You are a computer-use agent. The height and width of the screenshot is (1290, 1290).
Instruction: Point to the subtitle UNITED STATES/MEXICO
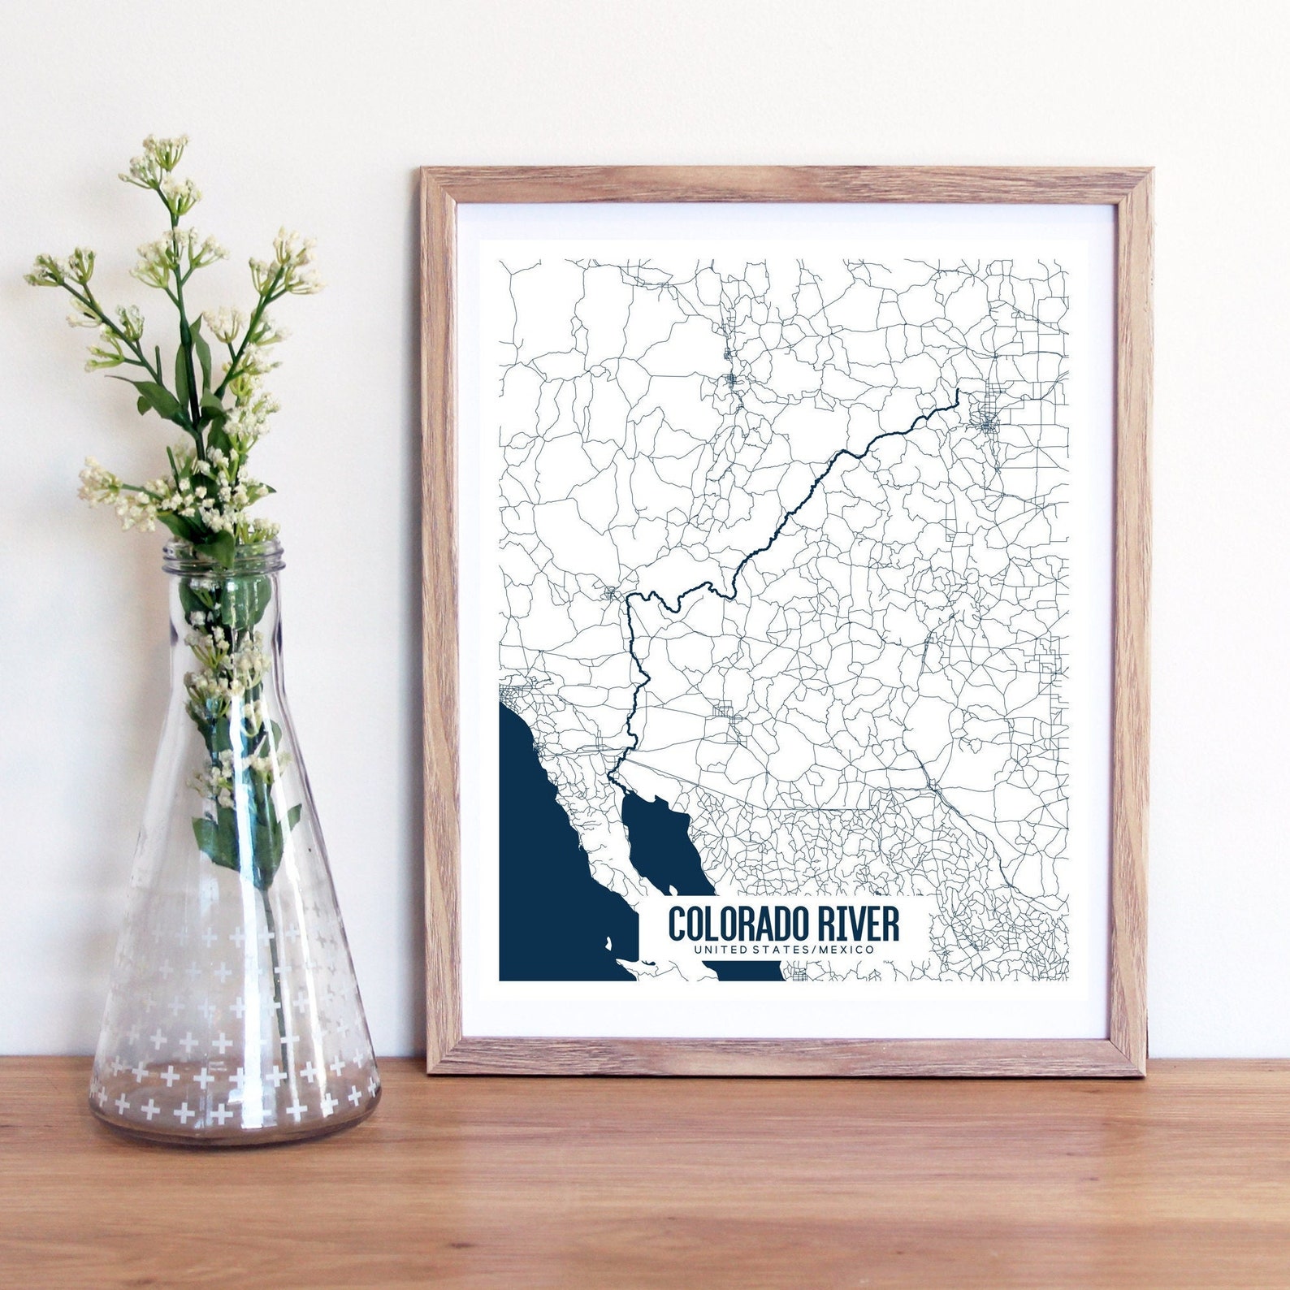click(784, 949)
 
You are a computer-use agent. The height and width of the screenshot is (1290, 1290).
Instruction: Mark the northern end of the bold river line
click(958, 392)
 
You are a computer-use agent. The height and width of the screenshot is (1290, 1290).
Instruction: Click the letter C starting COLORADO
click(677, 924)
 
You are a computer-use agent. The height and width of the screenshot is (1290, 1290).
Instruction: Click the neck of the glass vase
click(225, 601)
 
